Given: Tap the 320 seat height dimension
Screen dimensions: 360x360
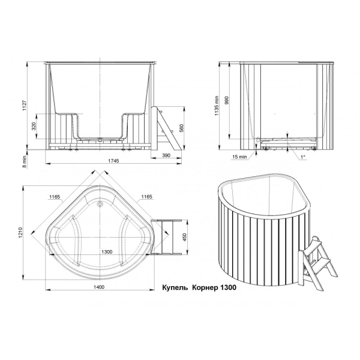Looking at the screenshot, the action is click(34, 126).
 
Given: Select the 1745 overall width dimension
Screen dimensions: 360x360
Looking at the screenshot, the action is click(113, 161).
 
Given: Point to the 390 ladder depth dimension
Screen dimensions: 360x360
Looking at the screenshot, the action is click(166, 155).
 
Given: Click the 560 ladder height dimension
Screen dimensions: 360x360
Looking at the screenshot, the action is click(181, 128).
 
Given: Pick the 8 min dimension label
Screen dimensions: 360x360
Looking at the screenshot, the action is click(25, 161).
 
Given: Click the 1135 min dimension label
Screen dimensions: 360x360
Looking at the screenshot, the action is click(217, 106).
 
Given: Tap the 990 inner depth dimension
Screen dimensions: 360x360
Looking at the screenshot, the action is click(227, 101).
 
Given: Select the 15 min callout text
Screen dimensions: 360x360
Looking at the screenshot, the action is click(239, 157).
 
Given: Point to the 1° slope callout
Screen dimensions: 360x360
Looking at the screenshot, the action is click(303, 157).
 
